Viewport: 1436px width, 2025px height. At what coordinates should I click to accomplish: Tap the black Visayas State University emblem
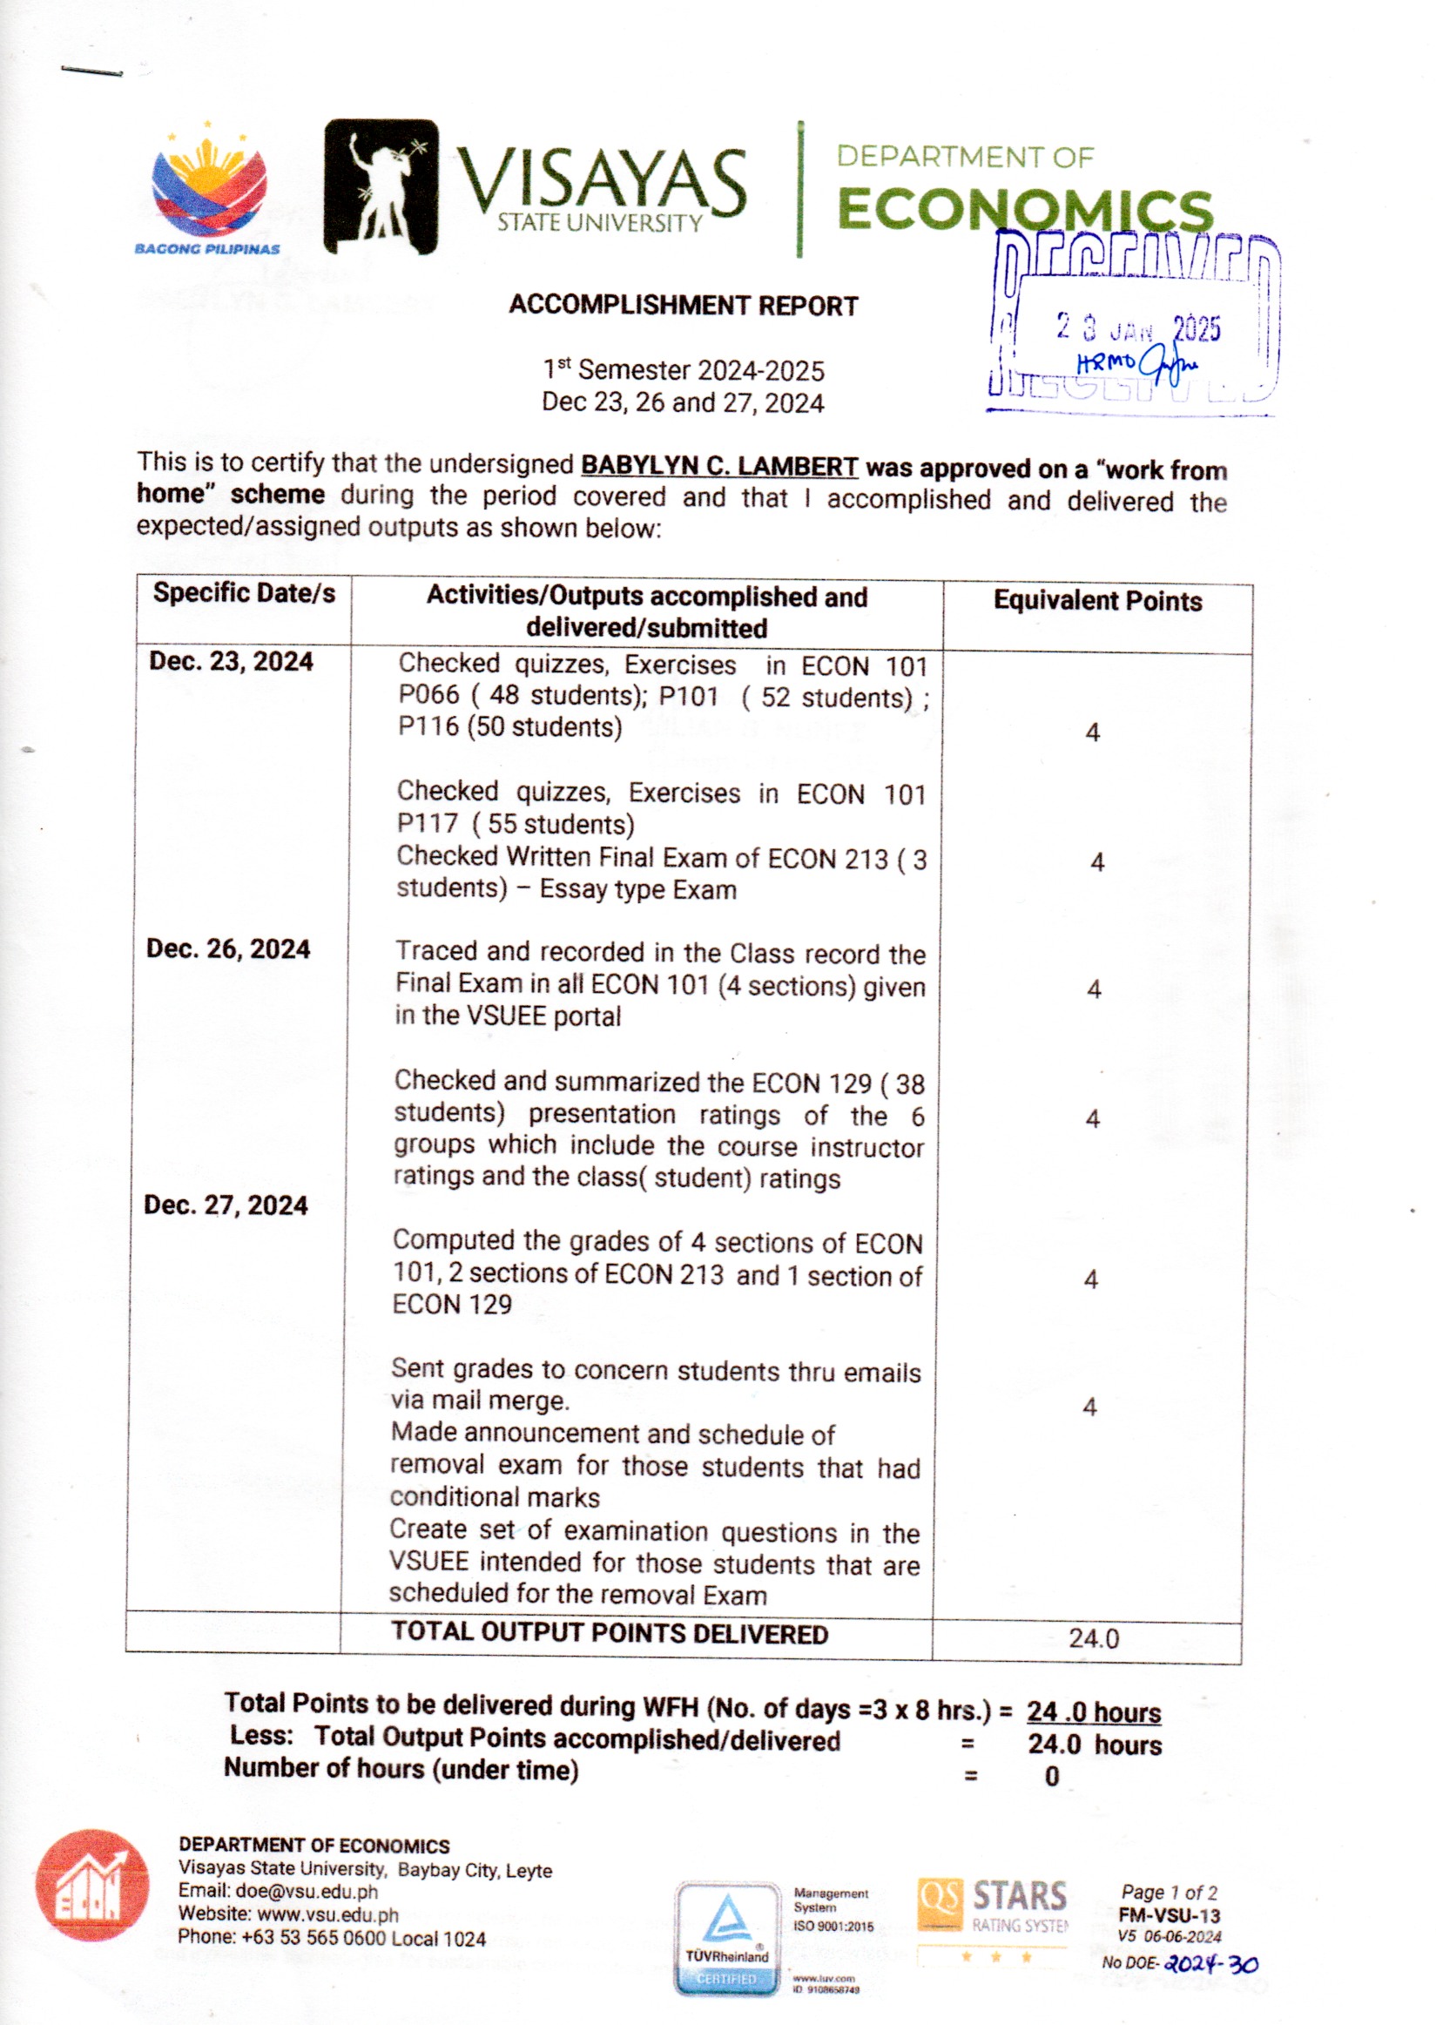[x=381, y=186]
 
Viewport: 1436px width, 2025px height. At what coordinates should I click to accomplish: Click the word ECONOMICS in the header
[x=1024, y=210]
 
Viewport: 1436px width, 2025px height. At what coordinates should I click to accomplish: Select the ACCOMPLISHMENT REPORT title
[x=683, y=306]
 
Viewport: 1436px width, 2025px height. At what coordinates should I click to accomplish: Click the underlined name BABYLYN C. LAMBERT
[x=719, y=465]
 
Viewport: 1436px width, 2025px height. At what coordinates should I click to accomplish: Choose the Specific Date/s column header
[x=244, y=592]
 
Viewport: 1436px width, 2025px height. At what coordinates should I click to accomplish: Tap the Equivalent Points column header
[x=1097, y=601]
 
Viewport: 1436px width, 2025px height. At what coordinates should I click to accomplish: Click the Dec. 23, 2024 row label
[x=231, y=661]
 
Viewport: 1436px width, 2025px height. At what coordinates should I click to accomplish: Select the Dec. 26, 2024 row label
[x=228, y=948]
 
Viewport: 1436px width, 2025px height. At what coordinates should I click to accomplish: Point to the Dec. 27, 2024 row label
[x=226, y=1205]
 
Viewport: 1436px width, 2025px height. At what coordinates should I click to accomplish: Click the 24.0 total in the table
[x=1093, y=1638]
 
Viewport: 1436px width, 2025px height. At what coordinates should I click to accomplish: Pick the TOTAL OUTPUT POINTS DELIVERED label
[x=610, y=1633]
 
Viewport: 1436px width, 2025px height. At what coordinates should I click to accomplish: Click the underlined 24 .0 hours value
[x=1093, y=1713]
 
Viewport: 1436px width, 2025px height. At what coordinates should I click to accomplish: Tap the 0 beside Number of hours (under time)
[x=1051, y=1777]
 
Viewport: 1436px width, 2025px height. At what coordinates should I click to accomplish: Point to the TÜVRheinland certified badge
[x=727, y=1939]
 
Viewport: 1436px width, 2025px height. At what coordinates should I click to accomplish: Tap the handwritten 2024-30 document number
[x=1210, y=1964]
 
